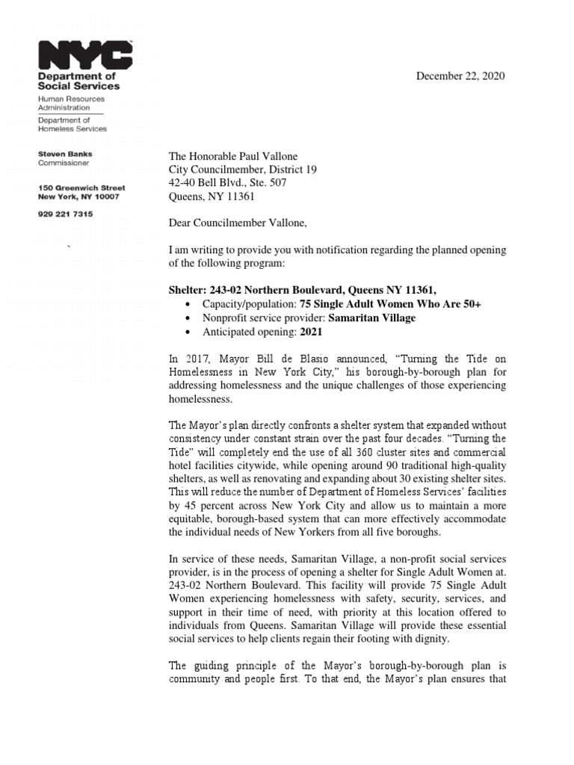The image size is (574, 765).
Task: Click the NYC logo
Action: tap(85, 55)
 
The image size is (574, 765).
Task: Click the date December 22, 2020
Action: tap(460, 76)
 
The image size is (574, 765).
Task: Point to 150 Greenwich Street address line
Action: tap(81, 188)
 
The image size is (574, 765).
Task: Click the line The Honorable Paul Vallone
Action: tap(232, 156)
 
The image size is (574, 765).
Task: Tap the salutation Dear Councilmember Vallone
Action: tap(238, 223)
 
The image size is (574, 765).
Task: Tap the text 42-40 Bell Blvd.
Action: tap(204, 183)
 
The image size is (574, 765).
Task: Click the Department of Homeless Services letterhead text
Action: tap(72, 124)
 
